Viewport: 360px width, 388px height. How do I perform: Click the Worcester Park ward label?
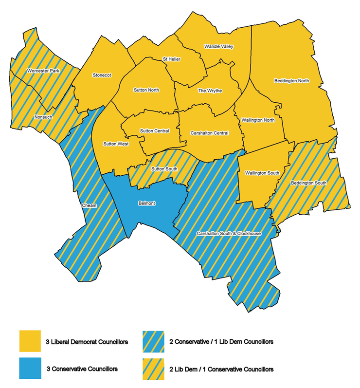(x=43, y=71)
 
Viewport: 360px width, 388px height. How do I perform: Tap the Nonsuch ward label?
(x=44, y=117)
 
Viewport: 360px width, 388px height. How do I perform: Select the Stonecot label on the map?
(x=102, y=75)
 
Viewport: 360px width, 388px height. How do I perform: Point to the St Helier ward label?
(x=171, y=59)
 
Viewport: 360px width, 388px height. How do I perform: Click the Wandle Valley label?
(x=218, y=47)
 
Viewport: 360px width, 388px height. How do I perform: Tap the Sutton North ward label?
(x=146, y=90)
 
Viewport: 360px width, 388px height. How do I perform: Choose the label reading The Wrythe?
(x=210, y=91)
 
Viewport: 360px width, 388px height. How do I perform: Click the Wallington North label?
(x=258, y=120)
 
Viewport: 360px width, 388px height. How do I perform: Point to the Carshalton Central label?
(x=210, y=132)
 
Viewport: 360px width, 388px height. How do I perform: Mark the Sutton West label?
(x=116, y=144)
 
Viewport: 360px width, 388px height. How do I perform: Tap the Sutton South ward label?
(x=164, y=169)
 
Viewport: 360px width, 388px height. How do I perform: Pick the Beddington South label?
(x=309, y=183)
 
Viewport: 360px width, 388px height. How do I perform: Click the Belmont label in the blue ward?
(x=147, y=203)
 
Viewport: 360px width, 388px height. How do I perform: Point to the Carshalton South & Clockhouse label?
(x=229, y=234)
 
